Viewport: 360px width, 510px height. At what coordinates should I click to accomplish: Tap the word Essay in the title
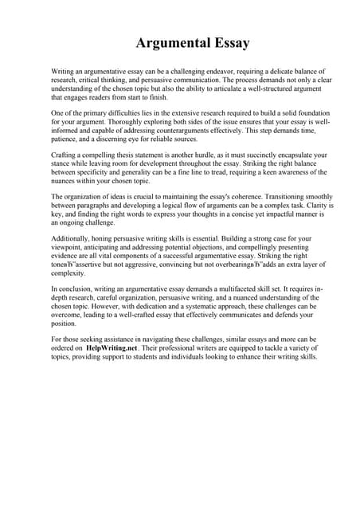[x=231, y=42]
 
